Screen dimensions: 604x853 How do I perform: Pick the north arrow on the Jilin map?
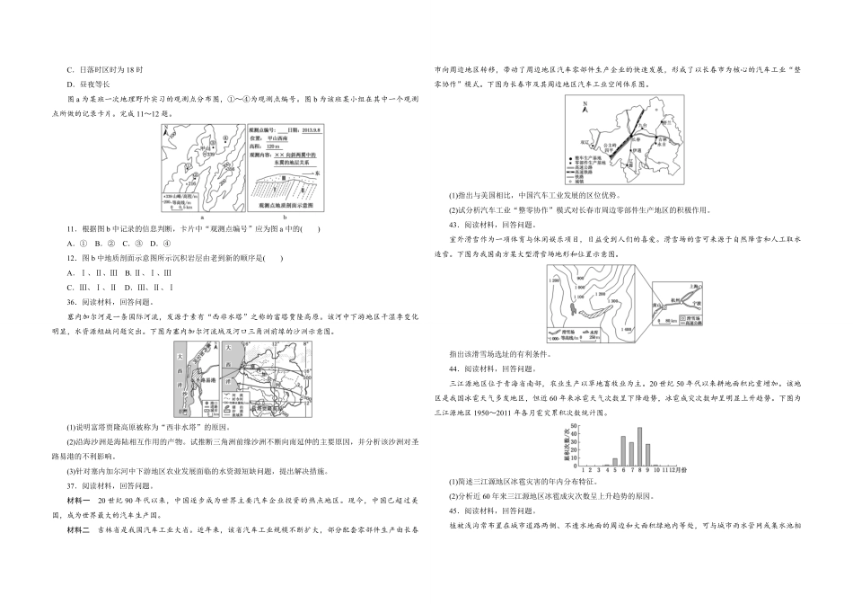pyautogui.click(x=584, y=109)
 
